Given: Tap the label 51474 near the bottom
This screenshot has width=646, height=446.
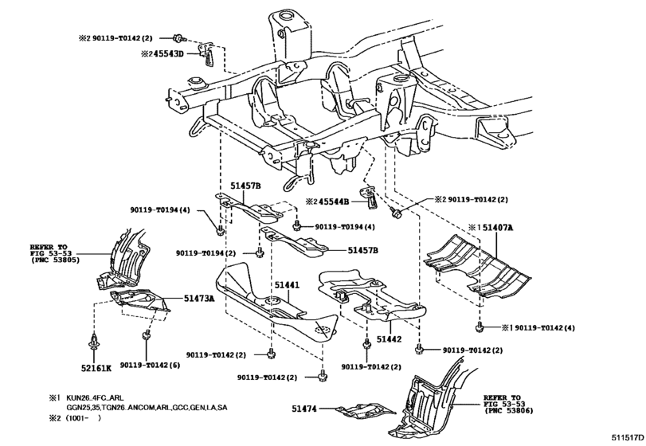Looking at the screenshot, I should pos(303,409).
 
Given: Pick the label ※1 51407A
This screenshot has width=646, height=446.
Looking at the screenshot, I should pos(491,227).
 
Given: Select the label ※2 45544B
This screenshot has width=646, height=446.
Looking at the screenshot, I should pos(328,201).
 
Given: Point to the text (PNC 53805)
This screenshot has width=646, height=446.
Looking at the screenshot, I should pos(56,260).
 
